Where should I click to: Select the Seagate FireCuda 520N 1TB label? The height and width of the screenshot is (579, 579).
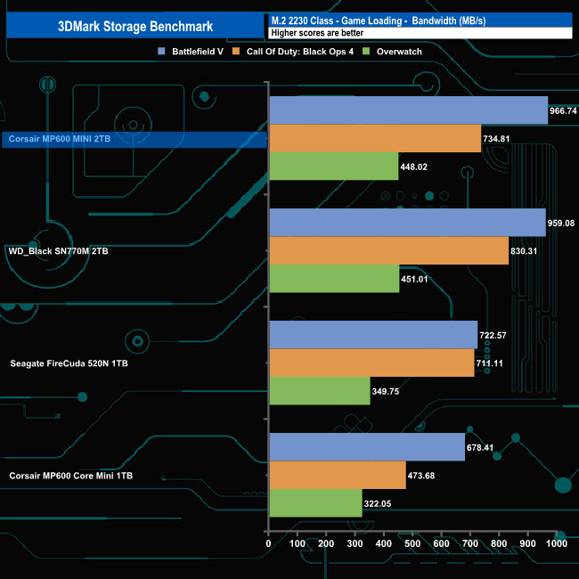tap(65, 363)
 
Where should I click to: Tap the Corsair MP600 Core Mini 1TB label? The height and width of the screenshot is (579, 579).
tap(71, 476)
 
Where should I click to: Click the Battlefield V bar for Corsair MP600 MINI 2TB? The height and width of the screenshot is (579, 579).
tap(408, 110)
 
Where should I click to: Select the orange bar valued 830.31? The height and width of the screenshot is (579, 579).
tap(388, 251)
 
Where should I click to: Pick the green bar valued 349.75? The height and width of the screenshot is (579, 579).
tap(319, 391)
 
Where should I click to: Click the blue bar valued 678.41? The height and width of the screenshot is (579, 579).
tap(366, 447)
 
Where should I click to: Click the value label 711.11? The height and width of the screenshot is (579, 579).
tap(493, 363)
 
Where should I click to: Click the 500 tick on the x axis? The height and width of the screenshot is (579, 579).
tap(412, 543)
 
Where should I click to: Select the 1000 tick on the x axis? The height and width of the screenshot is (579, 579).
tap(556, 543)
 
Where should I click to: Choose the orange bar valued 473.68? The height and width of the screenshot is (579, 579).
tap(337, 475)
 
